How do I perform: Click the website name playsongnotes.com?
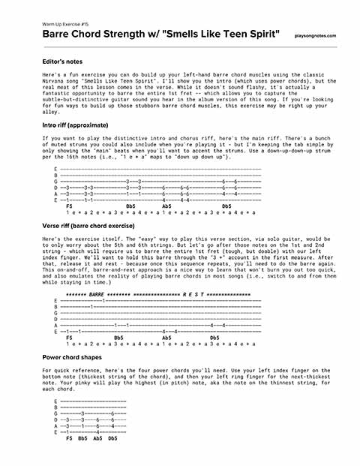(316, 36)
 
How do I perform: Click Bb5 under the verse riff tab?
(118, 338)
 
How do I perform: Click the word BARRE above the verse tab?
(97, 296)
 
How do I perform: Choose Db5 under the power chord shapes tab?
(112, 437)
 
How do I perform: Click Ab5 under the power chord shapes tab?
(97, 437)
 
